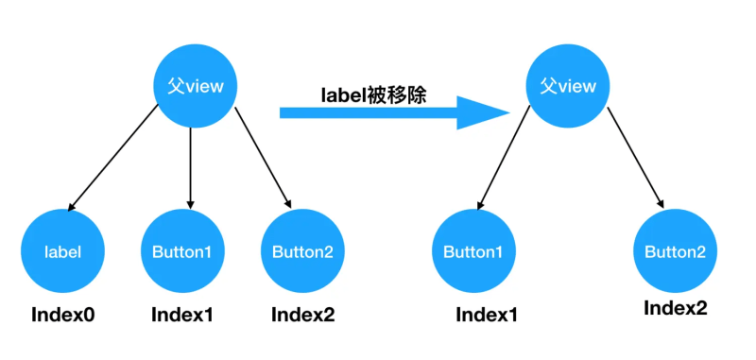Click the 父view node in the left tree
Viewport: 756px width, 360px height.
(x=195, y=87)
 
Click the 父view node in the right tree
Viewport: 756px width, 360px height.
(x=568, y=86)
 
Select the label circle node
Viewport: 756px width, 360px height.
(x=62, y=251)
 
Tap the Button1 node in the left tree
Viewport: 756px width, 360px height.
(x=181, y=251)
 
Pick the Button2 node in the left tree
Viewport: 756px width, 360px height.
(x=302, y=251)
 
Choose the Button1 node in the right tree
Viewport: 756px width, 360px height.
(x=473, y=252)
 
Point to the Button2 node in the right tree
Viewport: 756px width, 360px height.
(x=675, y=252)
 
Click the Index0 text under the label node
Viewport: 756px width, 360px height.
(x=63, y=314)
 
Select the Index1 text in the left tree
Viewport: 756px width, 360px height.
(x=182, y=314)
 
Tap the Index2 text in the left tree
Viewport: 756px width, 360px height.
(x=302, y=314)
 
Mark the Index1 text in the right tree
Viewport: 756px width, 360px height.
(x=487, y=314)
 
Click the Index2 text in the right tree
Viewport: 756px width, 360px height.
(x=675, y=308)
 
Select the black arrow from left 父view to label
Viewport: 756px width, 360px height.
(x=113, y=158)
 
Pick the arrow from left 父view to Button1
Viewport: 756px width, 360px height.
(x=192, y=165)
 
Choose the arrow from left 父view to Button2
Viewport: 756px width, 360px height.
(x=262, y=158)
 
